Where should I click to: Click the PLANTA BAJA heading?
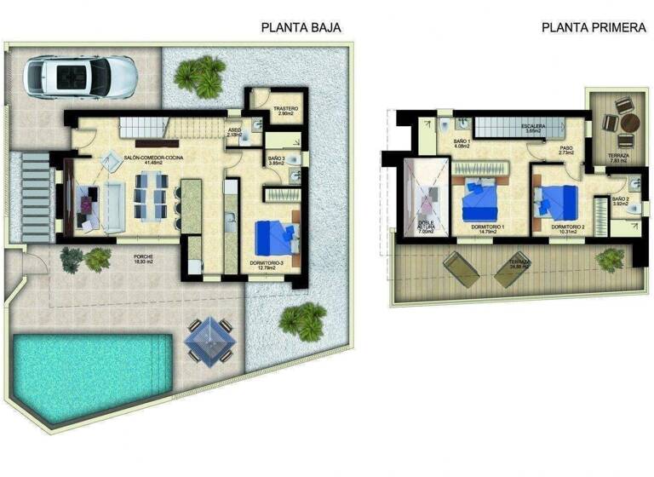pos(301,27)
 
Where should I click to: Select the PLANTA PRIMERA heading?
pos(594,27)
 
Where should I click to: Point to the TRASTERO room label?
pos(284,111)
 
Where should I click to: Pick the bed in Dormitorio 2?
pos(558,201)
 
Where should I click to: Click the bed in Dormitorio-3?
pos(276,235)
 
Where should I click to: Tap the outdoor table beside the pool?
pos(210,338)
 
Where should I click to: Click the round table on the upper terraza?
pos(629,123)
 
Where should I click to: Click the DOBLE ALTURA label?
pos(427,225)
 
